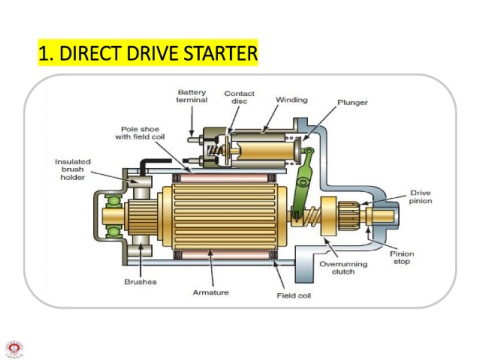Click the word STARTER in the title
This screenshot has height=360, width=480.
pos(220,53)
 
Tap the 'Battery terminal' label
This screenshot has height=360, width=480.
pos(192,96)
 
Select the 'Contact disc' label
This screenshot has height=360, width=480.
pos(239,97)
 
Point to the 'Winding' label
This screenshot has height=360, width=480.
pos(291,100)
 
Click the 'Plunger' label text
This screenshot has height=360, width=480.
pos(352,103)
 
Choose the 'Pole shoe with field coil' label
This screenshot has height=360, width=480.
pos(140,133)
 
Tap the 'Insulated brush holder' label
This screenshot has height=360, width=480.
pos(73,169)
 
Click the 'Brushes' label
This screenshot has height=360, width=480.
pos(140,282)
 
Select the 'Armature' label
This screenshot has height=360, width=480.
pos(211,292)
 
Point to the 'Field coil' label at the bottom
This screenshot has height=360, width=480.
pos(294,295)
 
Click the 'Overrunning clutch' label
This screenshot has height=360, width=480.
pos(343,268)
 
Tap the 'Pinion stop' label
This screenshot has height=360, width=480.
pos(402,258)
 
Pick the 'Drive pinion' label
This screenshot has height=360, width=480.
pos(420,197)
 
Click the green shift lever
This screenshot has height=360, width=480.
pos(302,183)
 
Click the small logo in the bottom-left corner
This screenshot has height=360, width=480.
pos(14,349)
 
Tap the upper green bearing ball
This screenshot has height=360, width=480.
pos(113,201)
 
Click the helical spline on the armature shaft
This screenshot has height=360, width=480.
pos(311,216)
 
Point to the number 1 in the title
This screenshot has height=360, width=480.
pos(46,54)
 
